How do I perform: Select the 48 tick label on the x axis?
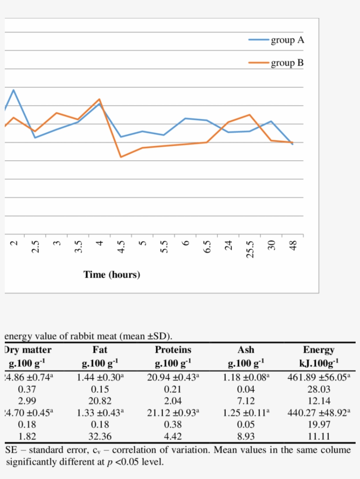tap(293, 244)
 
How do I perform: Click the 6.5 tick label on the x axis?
tap(208, 246)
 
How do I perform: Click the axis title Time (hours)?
tap(112, 275)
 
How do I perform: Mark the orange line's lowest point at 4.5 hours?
tap(121, 157)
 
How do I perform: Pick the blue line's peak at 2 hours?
tap(14, 90)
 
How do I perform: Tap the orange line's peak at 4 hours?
tap(100, 99)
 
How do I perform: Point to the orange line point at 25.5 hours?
tap(250, 115)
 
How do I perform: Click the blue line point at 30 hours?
tap(271, 121)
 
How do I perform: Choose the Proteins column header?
tap(173, 350)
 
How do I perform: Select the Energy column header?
tap(319, 350)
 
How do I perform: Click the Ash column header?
tap(246, 350)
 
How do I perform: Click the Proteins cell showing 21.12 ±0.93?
tap(173, 413)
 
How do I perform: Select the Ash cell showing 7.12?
tap(246, 401)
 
